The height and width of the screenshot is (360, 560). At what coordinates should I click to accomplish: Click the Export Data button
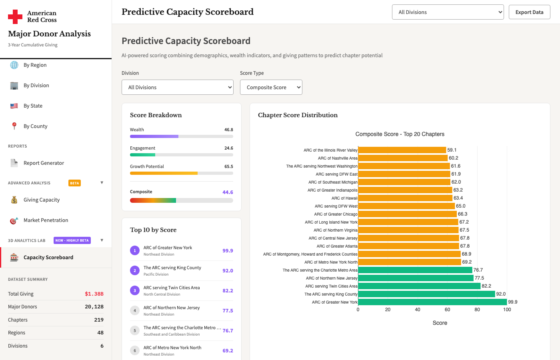529,12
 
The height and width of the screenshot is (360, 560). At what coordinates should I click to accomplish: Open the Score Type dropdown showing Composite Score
271,87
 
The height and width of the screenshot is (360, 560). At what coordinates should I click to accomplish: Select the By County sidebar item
35,126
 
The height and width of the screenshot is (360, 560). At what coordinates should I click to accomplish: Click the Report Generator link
44,163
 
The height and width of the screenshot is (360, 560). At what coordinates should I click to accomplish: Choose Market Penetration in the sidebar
46,220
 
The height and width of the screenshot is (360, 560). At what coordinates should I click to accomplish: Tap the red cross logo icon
15,17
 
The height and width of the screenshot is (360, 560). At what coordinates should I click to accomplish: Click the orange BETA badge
74,183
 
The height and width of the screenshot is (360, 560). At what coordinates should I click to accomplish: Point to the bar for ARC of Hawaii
405,198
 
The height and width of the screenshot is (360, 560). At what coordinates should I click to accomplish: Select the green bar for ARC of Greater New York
432,302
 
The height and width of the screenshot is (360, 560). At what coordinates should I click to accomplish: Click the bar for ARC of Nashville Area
403,158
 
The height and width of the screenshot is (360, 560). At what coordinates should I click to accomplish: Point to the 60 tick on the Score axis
447,310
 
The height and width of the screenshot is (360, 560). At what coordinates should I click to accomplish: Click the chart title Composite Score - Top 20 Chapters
400,134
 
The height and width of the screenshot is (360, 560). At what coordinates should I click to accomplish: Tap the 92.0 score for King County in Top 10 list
228,270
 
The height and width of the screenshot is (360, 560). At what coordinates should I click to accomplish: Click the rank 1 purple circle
135,250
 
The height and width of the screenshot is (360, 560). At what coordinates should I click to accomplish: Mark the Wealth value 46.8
229,130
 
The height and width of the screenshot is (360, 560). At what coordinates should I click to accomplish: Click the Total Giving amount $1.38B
94,294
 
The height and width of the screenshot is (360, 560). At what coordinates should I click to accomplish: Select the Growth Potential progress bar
182,173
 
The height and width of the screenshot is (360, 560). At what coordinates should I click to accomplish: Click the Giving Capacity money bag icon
14,200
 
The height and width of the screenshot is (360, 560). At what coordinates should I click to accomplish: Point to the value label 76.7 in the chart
478,270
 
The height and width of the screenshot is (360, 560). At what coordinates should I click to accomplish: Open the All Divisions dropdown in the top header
448,12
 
